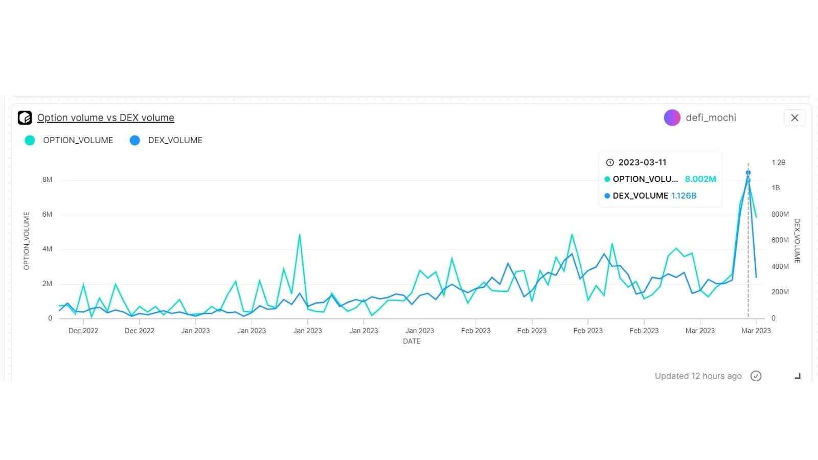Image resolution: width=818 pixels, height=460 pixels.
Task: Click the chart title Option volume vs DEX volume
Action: coord(105,118)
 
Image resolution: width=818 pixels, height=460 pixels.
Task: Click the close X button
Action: coord(794,118)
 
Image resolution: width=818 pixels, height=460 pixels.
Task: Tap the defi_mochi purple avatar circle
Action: coord(672,118)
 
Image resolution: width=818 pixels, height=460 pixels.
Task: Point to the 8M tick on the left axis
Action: coord(47,180)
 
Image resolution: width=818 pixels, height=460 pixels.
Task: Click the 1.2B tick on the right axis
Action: coord(778,163)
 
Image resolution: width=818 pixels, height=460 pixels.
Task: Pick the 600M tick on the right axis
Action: coord(780,240)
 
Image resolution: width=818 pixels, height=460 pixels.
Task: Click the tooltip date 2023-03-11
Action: coord(642,163)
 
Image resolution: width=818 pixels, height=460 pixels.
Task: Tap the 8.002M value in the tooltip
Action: coord(700,179)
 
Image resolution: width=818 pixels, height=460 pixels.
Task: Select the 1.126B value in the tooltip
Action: coord(684,196)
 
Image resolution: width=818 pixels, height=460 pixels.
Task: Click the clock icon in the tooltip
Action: coord(609,163)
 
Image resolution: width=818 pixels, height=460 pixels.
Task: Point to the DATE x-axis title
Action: coord(412,341)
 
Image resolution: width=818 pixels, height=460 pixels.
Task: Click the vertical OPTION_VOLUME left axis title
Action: coord(27,241)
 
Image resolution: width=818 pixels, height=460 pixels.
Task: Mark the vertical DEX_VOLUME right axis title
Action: coord(797,241)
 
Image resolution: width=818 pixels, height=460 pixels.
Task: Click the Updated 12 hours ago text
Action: coord(698,376)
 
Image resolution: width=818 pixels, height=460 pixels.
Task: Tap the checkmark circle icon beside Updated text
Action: coord(756,376)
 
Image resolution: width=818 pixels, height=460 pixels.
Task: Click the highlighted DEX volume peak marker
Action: coord(748,173)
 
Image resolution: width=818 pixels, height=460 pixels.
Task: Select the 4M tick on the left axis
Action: coord(47,249)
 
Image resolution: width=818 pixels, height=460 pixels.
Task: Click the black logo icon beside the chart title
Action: coord(25,118)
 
